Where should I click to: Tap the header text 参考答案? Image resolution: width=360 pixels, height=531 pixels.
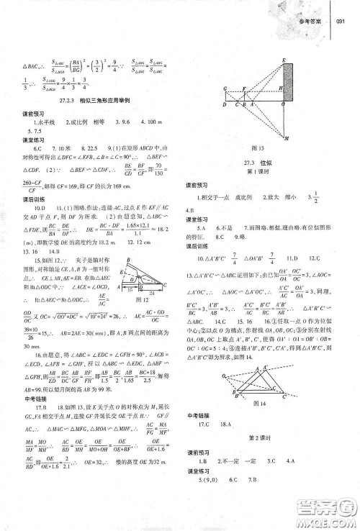[x=310, y=22]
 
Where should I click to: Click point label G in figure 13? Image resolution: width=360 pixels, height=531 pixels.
[x=225, y=90]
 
